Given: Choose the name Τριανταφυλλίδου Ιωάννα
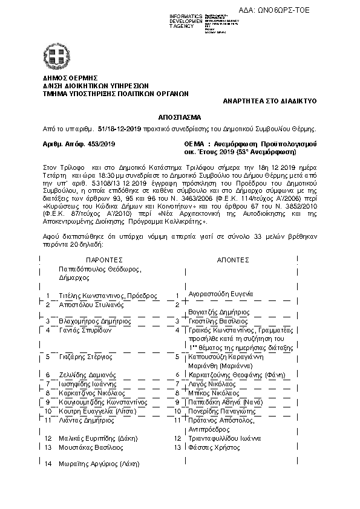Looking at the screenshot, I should click(224, 438).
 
